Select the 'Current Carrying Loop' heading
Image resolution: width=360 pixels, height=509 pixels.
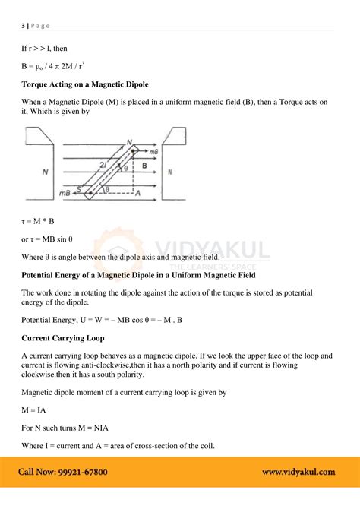63,337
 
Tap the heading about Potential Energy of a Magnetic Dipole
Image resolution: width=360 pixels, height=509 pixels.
138,273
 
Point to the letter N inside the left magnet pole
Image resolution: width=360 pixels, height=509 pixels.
46,173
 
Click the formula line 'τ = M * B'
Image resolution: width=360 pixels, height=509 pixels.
39,221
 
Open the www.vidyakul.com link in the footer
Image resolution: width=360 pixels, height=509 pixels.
298,472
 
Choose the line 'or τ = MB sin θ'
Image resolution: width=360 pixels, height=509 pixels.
52,239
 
